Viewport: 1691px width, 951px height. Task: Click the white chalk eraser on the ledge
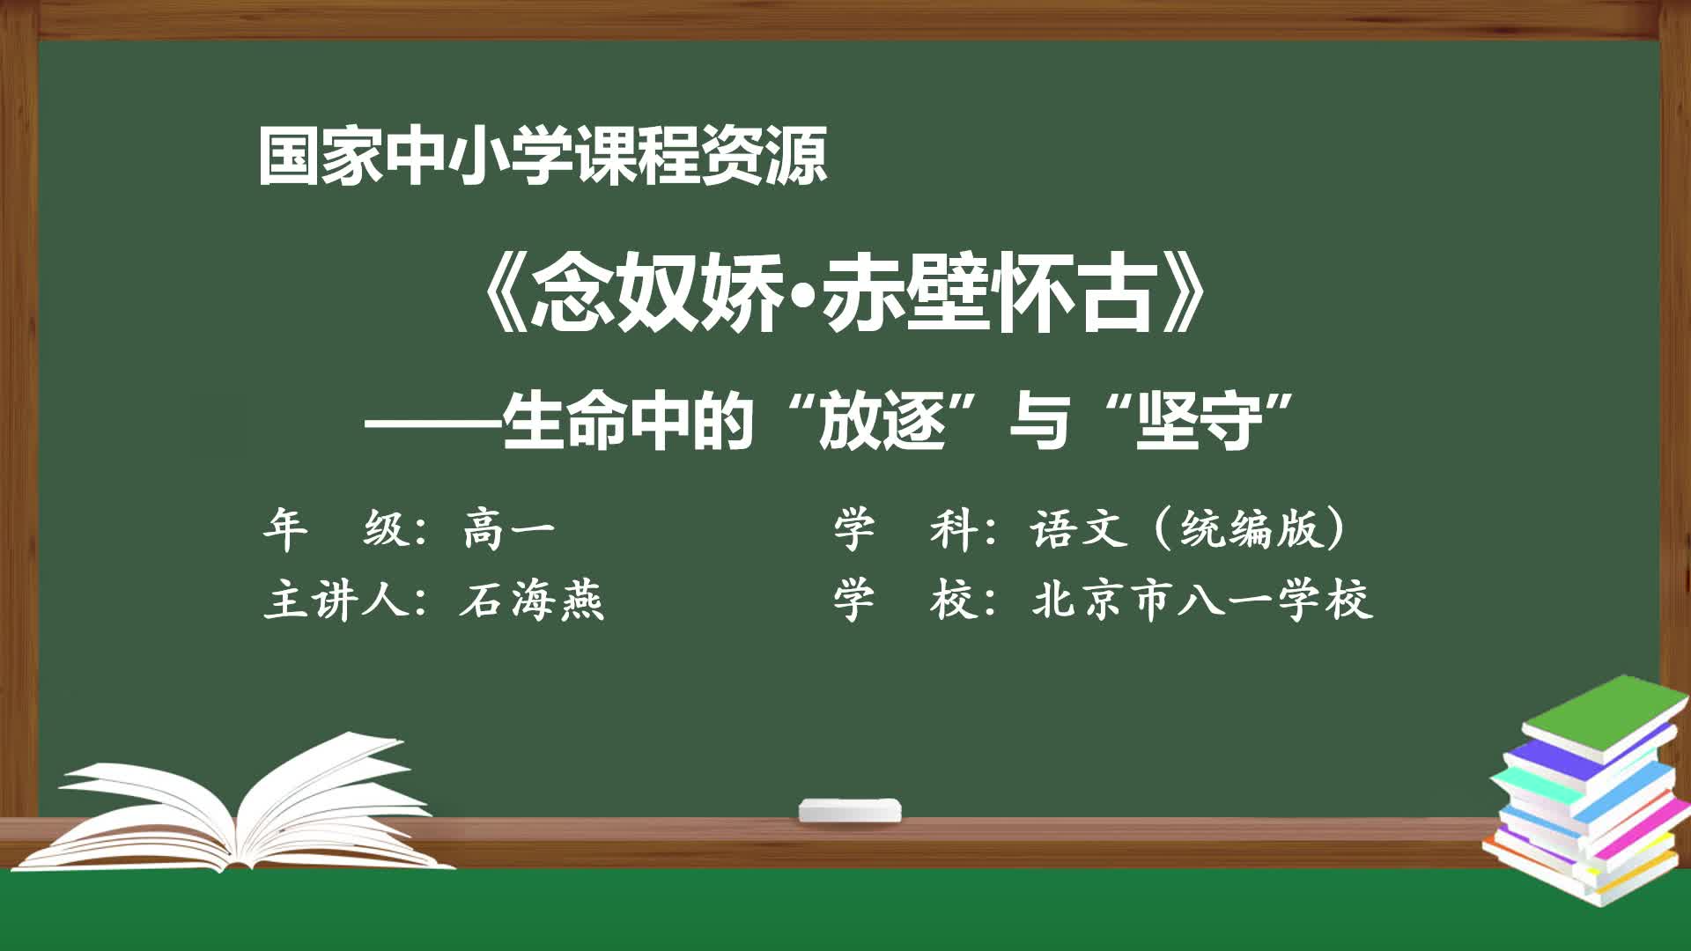(850, 810)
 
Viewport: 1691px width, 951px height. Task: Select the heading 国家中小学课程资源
(543, 156)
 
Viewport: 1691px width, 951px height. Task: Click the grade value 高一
(509, 529)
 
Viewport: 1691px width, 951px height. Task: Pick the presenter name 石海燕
(532, 601)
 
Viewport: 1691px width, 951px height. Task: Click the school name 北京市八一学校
(1203, 601)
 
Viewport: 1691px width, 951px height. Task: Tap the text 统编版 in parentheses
(1252, 529)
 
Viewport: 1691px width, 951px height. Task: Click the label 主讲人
(336, 601)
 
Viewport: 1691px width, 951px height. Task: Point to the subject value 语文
(1080, 529)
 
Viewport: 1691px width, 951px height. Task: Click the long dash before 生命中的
(433, 423)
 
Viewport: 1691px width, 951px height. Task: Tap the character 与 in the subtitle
(1041, 421)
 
